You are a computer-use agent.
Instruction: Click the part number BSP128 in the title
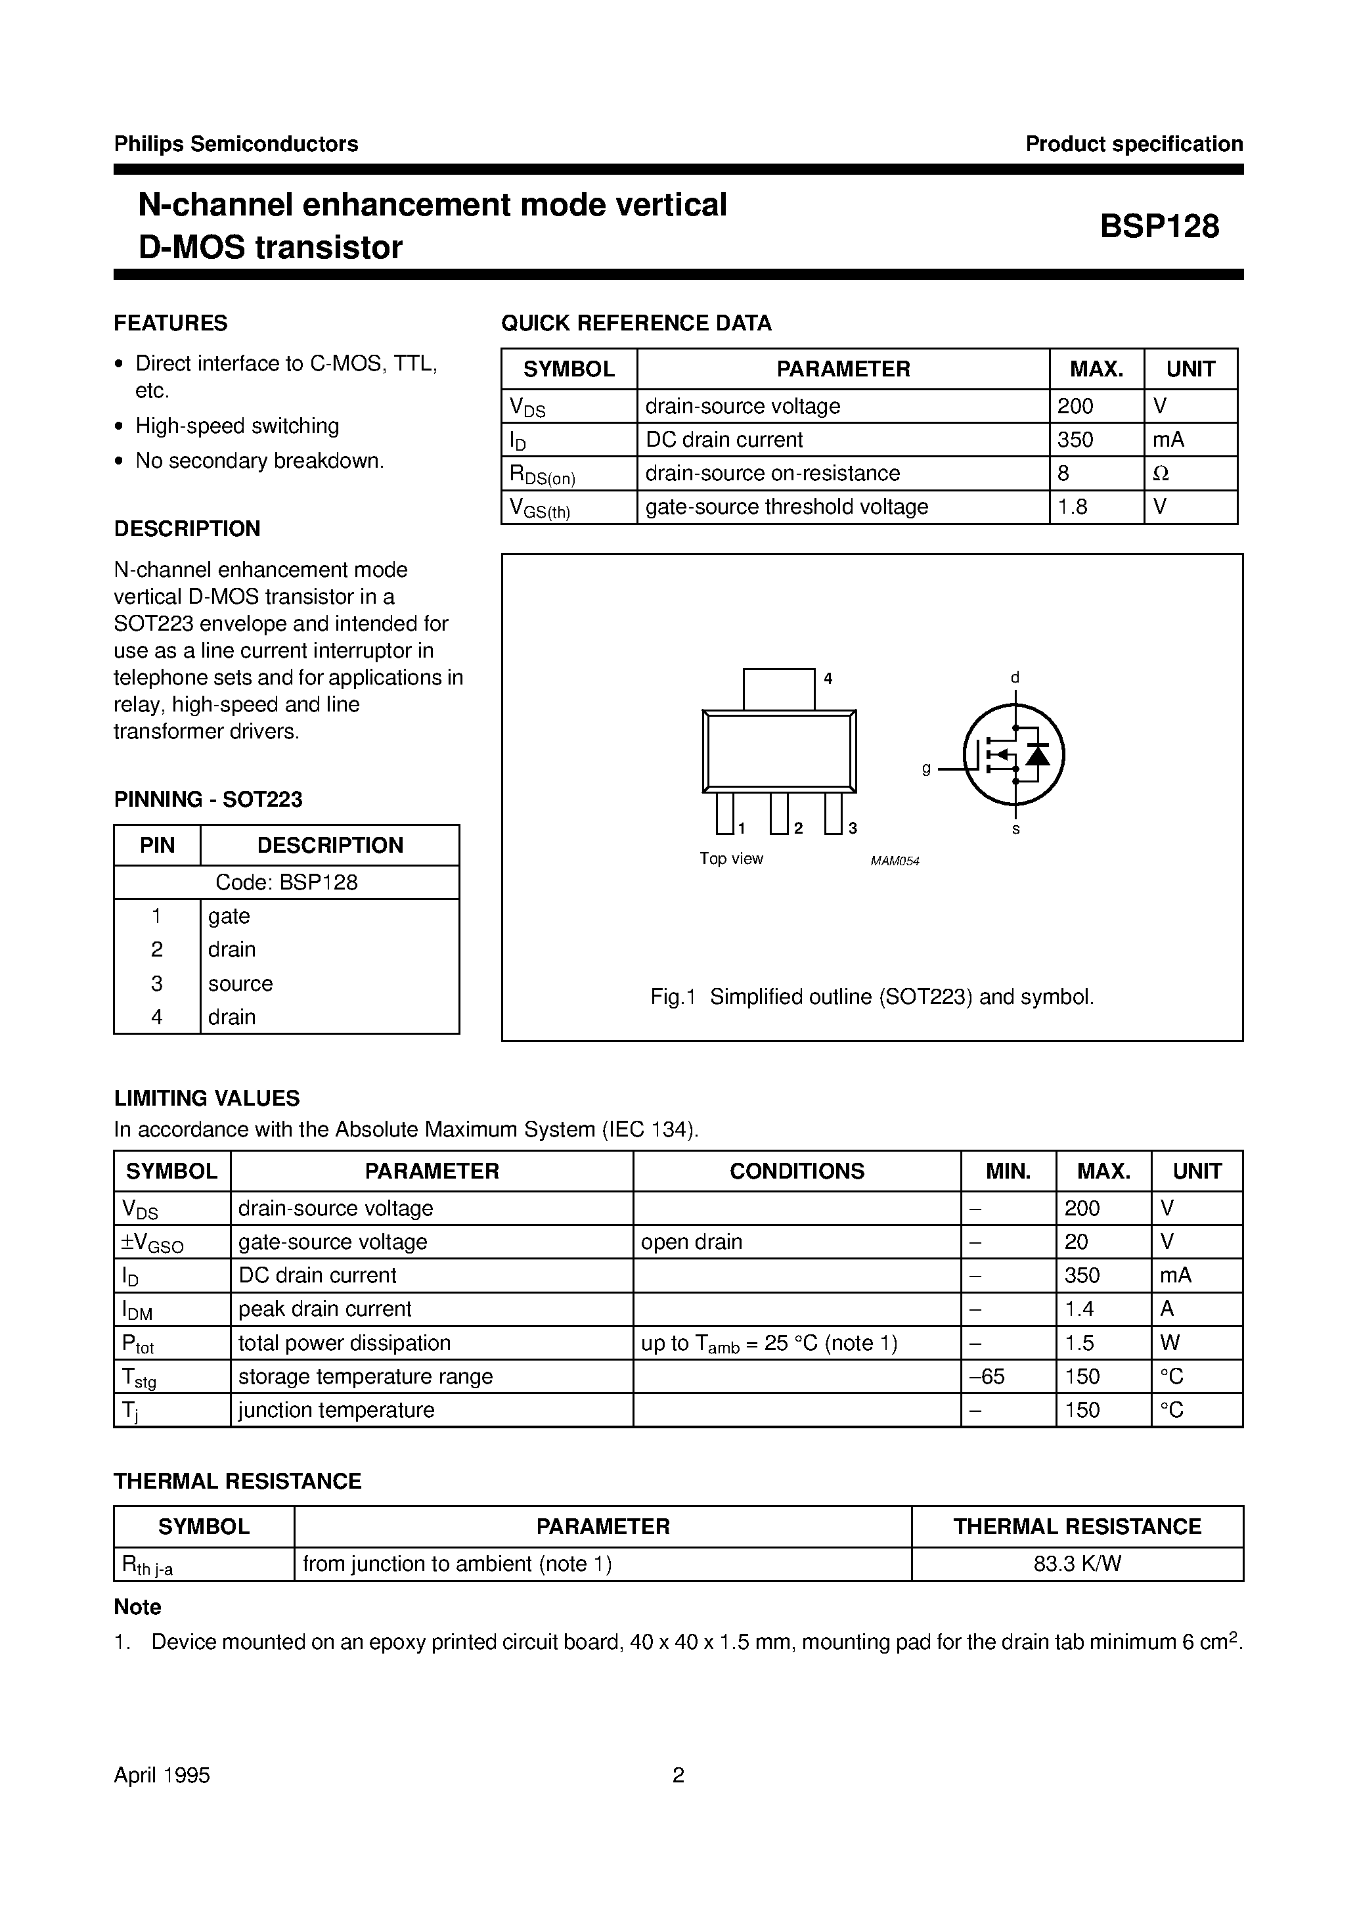[x=1159, y=227]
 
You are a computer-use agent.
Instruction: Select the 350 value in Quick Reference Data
[x=1075, y=440]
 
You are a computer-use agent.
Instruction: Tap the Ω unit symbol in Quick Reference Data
[x=1161, y=474]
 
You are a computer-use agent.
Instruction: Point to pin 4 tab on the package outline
[x=779, y=689]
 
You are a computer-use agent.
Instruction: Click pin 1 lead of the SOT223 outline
[x=724, y=813]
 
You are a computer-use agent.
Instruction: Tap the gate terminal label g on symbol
[x=926, y=768]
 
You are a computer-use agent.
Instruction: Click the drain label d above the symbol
[x=1015, y=678]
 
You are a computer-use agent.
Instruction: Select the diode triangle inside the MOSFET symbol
[x=1038, y=756]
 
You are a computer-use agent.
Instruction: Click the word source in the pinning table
[x=240, y=983]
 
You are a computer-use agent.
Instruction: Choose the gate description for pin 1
[x=229, y=916]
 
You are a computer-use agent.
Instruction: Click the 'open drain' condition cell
[x=691, y=1242]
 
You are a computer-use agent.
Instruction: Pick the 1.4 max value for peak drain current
[x=1079, y=1309]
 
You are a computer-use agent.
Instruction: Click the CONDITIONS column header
[x=797, y=1171]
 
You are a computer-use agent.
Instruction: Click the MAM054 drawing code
[x=895, y=861]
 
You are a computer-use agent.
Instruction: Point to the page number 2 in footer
[x=678, y=1775]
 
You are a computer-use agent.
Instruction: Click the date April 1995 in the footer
[x=162, y=1775]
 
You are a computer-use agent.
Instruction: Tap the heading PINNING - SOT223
[x=208, y=799]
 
